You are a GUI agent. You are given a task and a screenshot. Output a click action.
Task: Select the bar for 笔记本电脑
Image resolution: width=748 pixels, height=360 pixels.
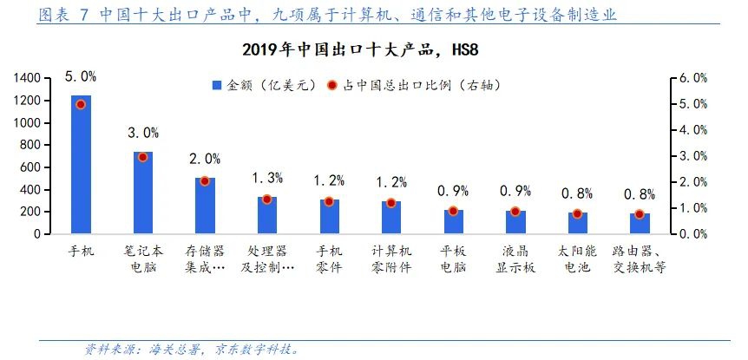(143, 193)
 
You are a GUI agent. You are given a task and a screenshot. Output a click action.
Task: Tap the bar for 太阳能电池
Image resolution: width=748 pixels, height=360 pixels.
(578, 224)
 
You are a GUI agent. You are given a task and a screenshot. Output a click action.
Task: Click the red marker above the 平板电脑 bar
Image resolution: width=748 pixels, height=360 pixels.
(453, 211)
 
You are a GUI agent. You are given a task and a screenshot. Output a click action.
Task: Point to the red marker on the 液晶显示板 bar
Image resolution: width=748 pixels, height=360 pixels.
(515, 211)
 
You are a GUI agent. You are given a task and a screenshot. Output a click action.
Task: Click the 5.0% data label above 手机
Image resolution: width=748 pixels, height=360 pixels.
(81, 77)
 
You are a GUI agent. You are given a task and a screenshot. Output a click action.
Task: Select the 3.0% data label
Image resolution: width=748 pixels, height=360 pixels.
(143, 133)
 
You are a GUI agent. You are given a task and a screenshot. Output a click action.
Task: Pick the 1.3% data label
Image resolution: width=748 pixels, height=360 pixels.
(267, 178)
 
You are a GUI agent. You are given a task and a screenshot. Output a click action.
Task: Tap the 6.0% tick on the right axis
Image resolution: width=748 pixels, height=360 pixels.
(693, 78)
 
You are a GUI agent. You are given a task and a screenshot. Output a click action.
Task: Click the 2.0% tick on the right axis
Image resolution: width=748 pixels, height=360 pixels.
(693, 182)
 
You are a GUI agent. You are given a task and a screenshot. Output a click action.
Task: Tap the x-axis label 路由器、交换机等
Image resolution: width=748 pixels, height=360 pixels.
(640, 259)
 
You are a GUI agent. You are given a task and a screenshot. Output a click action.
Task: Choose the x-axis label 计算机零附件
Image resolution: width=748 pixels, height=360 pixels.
(390, 259)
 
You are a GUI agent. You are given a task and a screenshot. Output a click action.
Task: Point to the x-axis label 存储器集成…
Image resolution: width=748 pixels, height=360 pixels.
(205, 259)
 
